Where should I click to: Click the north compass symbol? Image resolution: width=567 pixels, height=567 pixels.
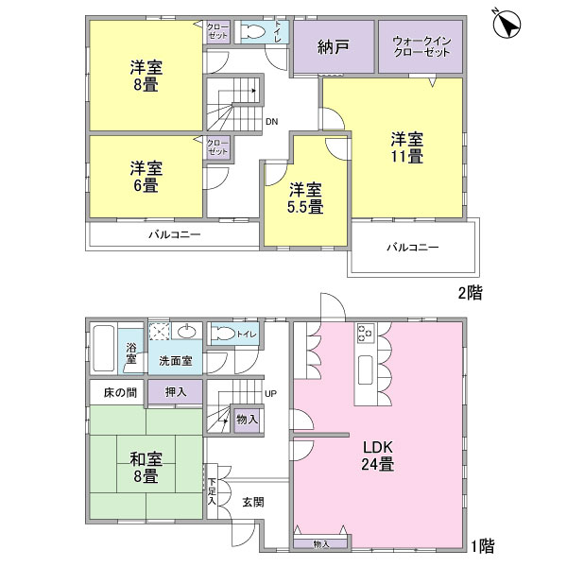(x=507, y=25)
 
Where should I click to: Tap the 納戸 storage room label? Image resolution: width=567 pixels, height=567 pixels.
(x=334, y=47)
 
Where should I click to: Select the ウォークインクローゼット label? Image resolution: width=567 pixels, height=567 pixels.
(x=421, y=46)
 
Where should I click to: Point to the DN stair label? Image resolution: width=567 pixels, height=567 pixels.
(x=271, y=122)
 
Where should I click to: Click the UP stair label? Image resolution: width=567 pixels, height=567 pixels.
(x=271, y=393)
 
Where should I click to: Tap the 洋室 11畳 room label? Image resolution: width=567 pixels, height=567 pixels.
(x=407, y=148)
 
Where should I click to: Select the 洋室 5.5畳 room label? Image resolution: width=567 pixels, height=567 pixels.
(x=305, y=198)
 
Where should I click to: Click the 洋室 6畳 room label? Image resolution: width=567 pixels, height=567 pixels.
(x=146, y=177)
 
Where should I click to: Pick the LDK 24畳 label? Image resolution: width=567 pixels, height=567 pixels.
(x=378, y=455)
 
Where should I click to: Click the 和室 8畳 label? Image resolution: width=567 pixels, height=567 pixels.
(x=146, y=468)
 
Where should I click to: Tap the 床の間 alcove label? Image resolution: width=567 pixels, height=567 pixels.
(x=120, y=393)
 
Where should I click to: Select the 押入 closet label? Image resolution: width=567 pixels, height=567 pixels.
(x=176, y=392)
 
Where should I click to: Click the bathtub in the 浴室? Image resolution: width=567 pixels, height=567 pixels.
(x=104, y=348)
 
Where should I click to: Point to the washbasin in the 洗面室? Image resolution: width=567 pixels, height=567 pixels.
(x=187, y=331)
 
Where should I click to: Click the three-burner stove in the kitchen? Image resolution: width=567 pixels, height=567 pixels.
(x=366, y=334)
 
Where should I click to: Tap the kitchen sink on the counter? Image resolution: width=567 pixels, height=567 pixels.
(x=365, y=369)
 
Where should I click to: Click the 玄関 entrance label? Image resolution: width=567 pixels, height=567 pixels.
(x=253, y=502)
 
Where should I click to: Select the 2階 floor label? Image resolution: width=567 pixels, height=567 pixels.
(x=471, y=293)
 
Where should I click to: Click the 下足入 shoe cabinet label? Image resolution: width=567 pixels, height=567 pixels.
(x=212, y=491)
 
